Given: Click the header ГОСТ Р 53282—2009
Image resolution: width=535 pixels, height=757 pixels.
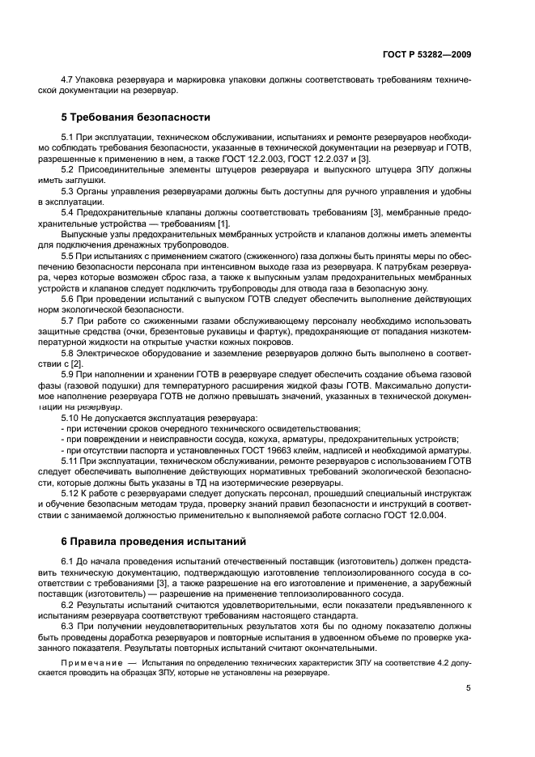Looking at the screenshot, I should [428, 54].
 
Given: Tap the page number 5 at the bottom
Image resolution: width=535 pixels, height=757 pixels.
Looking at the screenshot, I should [468, 688].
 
